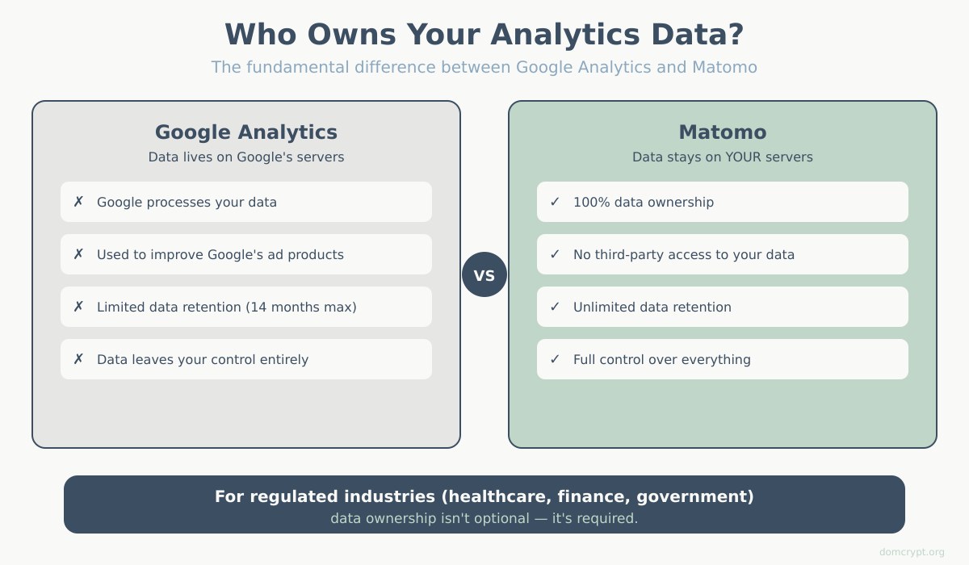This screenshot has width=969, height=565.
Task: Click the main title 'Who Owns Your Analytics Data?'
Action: pyautogui.click(x=484, y=35)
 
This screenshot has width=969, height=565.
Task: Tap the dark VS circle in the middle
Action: pyautogui.click(x=484, y=274)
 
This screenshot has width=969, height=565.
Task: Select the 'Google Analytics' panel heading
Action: pyautogui.click(x=246, y=132)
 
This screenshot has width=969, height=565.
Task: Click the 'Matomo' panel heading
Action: pyautogui.click(x=723, y=132)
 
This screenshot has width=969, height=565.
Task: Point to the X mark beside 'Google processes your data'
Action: pyautogui.click(x=78, y=202)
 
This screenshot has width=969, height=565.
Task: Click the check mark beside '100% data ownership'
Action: pyautogui.click(x=555, y=202)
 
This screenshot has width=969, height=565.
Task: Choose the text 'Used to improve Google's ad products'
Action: pyautogui.click(x=220, y=254)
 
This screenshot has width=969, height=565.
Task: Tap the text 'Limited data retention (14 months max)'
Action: pyautogui.click(x=227, y=307)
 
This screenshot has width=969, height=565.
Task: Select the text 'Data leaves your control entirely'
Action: pyautogui.click(x=203, y=359)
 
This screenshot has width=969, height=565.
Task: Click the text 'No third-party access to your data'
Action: pyautogui.click(x=684, y=254)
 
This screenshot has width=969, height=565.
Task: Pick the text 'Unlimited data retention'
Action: pyautogui.click(x=652, y=307)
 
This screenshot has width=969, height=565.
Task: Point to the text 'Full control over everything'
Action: pyautogui.click(x=662, y=359)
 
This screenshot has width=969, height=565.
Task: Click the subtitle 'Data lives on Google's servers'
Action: pyautogui.click(x=246, y=157)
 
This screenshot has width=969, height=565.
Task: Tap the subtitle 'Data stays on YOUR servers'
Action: pyautogui.click(x=723, y=157)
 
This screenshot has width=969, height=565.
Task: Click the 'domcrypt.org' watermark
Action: pyautogui.click(x=912, y=552)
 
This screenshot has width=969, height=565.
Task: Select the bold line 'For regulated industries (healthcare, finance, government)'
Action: pyautogui.click(x=484, y=496)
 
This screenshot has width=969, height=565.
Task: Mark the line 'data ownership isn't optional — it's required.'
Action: pyautogui.click(x=484, y=518)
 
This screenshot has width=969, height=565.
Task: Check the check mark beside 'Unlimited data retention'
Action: pyautogui.click(x=555, y=307)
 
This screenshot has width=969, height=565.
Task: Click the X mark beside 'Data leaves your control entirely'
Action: pyautogui.click(x=78, y=359)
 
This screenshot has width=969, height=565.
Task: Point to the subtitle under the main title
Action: pyautogui.click(x=484, y=67)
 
